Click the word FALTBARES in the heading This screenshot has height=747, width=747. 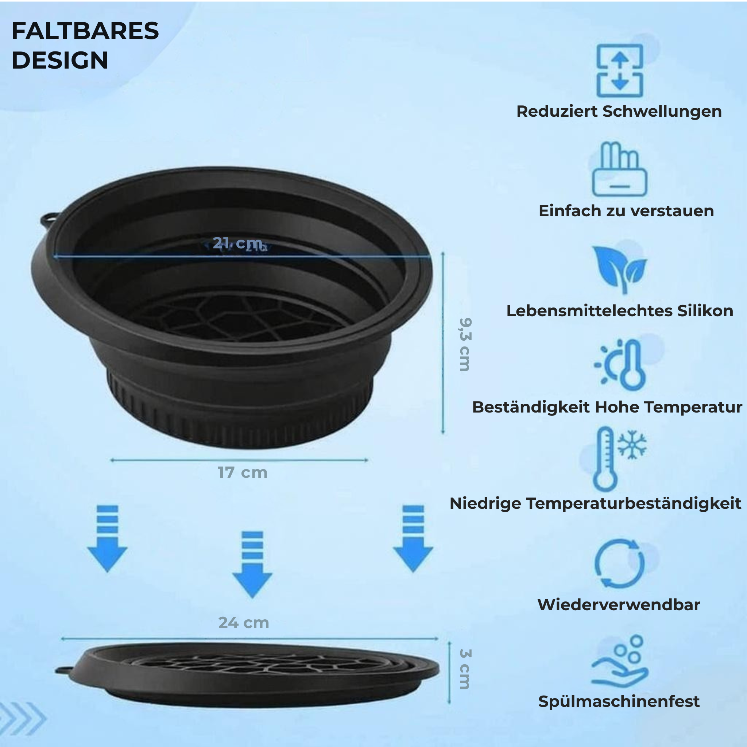point(85,31)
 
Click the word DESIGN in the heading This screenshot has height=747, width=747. point(60,60)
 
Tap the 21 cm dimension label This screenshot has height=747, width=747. point(237,243)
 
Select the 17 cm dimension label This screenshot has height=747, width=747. point(243,472)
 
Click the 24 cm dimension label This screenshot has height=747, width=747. point(244,623)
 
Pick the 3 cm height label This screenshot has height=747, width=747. point(465,669)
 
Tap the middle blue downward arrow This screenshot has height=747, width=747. point(252,565)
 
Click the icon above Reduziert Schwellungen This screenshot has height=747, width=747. point(619,70)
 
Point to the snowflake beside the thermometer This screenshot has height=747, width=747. point(632,445)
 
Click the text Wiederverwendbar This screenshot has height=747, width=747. point(619,605)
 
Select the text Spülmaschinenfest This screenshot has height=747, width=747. point(619,701)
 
